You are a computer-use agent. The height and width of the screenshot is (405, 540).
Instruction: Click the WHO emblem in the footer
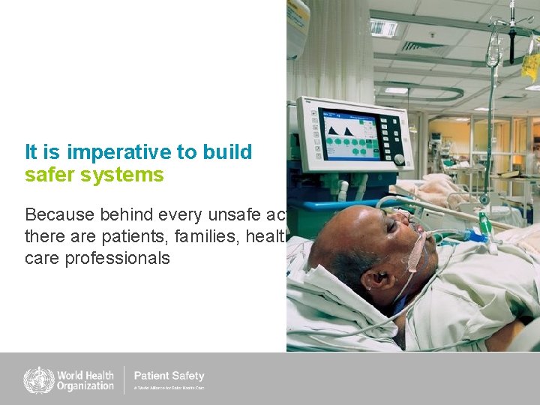tap(39, 379)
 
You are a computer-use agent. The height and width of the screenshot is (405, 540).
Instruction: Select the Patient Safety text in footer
tap(169, 376)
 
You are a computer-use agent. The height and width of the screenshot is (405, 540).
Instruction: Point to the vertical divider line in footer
tap(124, 379)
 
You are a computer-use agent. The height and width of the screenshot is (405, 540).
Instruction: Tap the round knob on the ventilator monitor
tap(399, 159)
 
